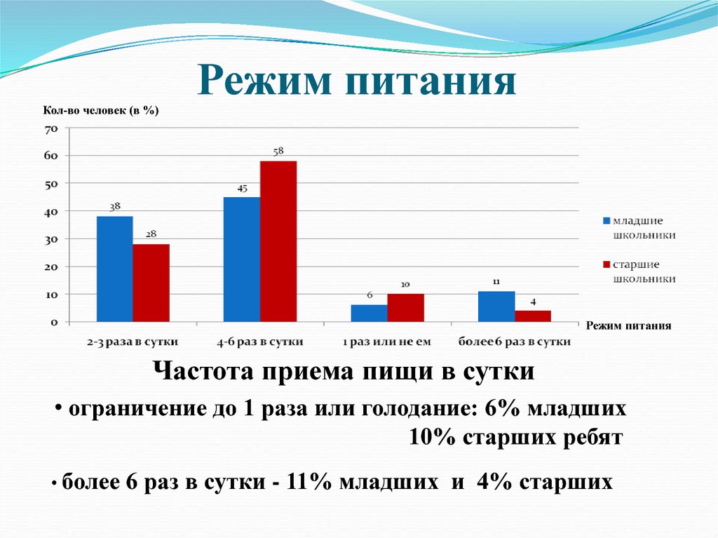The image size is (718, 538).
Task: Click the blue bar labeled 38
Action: click(x=114, y=269)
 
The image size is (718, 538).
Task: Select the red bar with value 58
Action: click(x=278, y=241)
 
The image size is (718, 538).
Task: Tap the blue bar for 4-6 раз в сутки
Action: click(x=242, y=260)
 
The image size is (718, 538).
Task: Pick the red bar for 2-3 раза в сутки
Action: click(x=151, y=283)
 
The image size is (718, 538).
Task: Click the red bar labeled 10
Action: click(x=405, y=308)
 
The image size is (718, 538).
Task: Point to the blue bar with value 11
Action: click(x=496, y=307)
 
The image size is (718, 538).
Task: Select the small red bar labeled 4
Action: click(x=533, y=316)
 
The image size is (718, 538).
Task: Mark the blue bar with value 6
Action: click(x=369, y=314)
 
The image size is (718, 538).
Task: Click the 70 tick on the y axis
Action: click(x=50, y=129)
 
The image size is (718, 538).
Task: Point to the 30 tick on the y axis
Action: click(x=50, y=239)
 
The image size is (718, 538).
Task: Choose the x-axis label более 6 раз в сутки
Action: click(x=514, y=342)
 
